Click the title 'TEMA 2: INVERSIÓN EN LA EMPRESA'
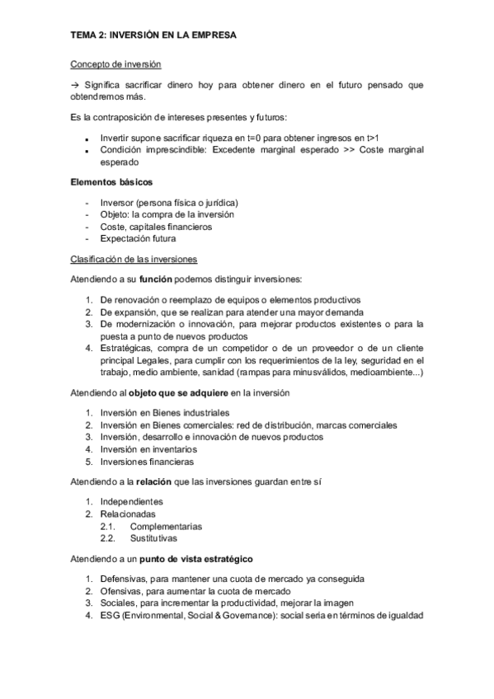click(152, 35)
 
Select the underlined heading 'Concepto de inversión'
click(115, 63)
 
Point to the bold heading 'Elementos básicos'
click(111, 181)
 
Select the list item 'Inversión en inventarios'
click(148, 449)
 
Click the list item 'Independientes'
click(131, 501)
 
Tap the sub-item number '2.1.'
click(108, 526)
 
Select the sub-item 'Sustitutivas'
click(153, 538)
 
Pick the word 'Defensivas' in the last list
click(123, 578)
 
